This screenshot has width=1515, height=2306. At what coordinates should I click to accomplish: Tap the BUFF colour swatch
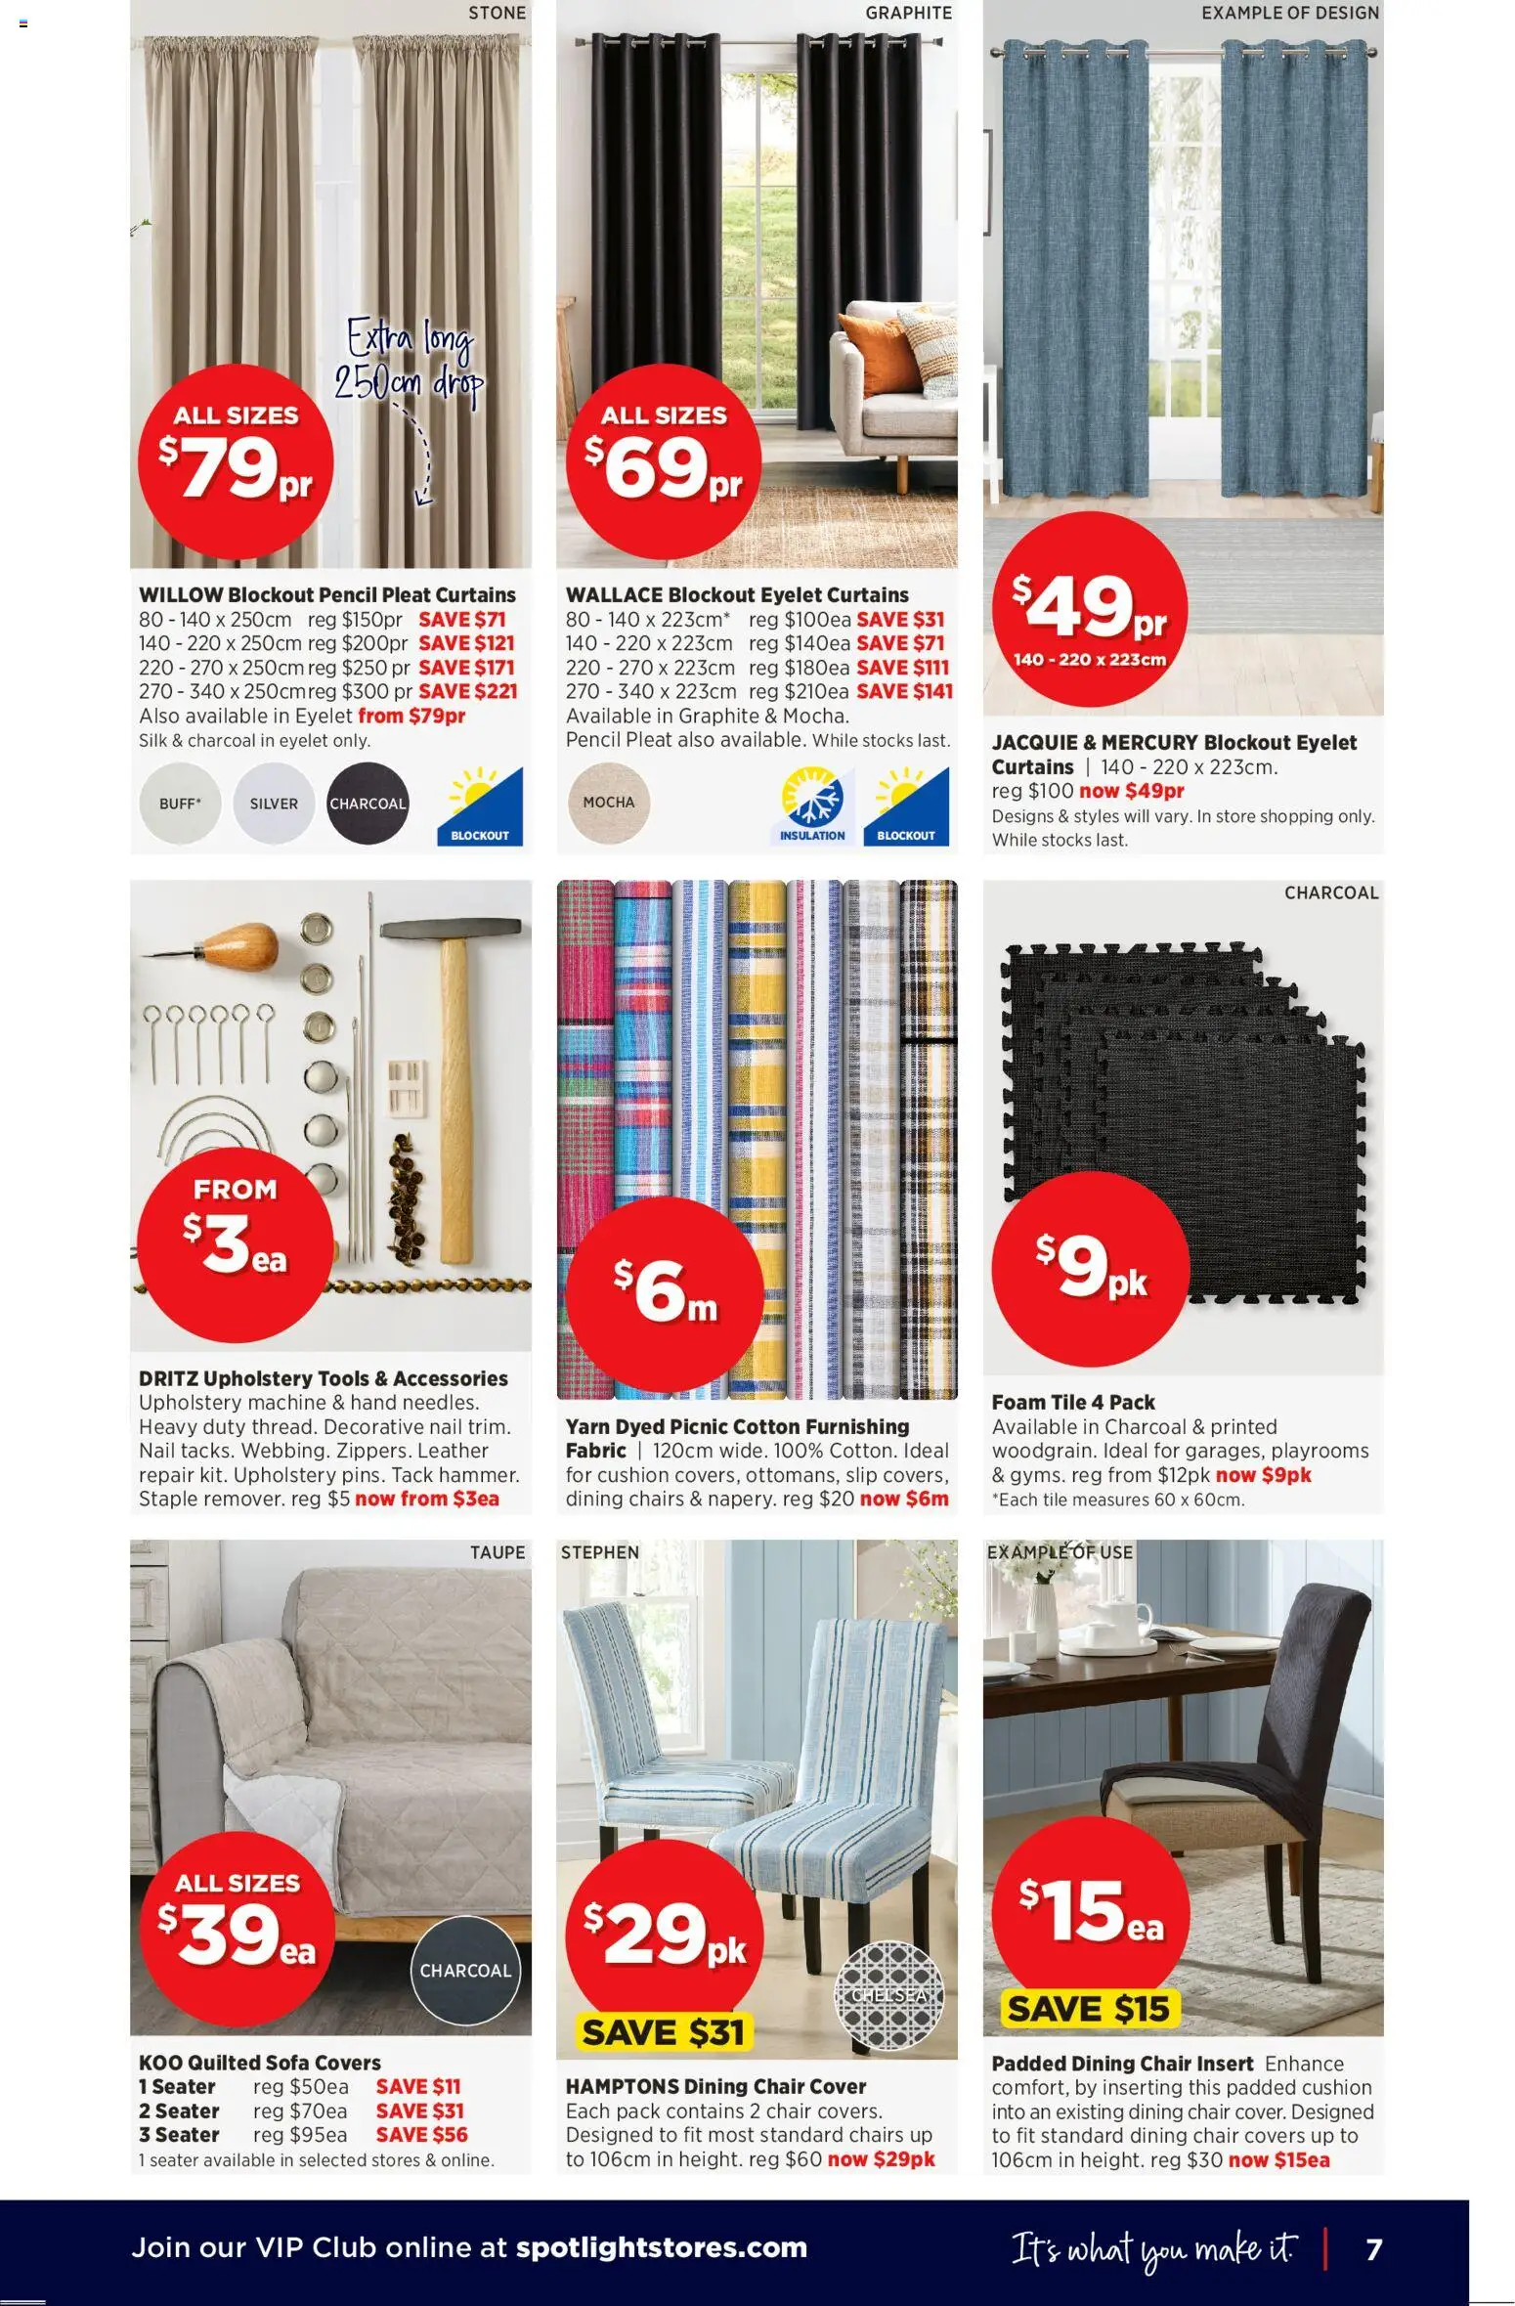180,804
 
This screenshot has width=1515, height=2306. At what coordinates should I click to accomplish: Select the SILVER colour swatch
274,804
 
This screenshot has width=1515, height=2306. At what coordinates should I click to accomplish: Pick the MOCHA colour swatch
609,802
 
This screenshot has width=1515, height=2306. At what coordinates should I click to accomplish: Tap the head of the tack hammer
450,926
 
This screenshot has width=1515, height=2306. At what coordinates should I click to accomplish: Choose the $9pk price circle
1090,1269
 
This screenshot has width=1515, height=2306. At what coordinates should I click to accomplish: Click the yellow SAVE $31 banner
663,2032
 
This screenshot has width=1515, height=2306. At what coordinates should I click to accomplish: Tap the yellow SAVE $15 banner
1088,2009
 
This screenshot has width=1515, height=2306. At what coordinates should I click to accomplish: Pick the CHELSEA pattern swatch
888,1995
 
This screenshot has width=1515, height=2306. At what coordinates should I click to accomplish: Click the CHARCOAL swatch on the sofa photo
465,1970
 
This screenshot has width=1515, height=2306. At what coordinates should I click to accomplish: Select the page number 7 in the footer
1373,2249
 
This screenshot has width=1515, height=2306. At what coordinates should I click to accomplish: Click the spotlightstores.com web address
661,2247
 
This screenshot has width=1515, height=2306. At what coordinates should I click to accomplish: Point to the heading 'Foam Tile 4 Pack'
1073,1402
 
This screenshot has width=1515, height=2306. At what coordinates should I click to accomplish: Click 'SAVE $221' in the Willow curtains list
468,691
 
